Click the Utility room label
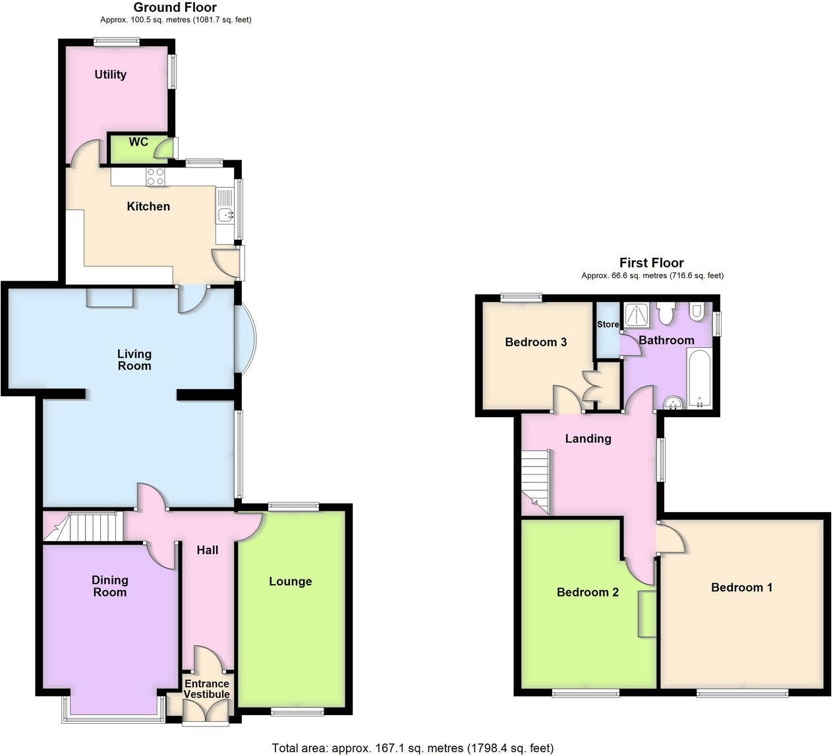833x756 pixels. pos(110,74)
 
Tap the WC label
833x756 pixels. pos(138,142)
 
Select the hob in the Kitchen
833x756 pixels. pos(156,176)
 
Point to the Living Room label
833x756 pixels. pos(134,360)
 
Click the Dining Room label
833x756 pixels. pos(109,586)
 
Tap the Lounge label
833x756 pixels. pos(290,581)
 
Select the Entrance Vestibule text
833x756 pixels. pos(206,689)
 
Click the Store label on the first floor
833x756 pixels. pos(608,324)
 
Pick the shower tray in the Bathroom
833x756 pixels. pos(637,315)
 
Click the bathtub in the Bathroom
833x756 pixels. pos(699,378)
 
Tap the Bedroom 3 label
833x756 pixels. pos(536,342)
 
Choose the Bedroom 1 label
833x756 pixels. pos(741,587)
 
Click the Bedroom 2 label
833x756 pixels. pos(587,592)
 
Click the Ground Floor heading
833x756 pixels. pos(175,7)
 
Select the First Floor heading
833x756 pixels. pos(651,263)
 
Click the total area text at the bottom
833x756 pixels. pos(413,747)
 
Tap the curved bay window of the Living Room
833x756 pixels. pos(246,340)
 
